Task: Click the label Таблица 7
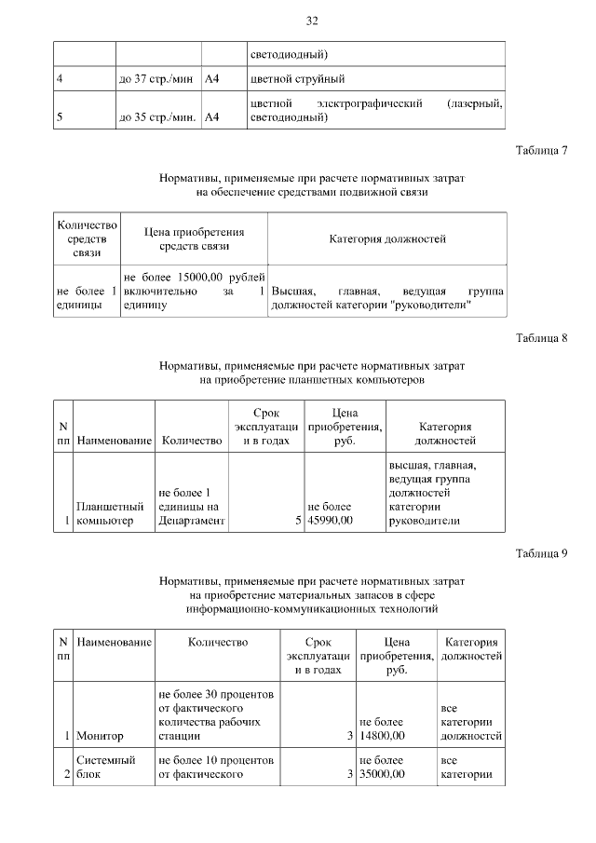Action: tap(540, 150)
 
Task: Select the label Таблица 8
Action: tap(540, 337)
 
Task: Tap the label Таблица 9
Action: tap(540, 554)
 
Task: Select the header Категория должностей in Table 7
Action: tap(386, 239)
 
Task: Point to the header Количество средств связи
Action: tap(88, 239)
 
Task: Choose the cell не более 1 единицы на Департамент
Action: tap(192, 506)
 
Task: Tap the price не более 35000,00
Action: tap(382, 767)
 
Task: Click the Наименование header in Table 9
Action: tap(115, 643)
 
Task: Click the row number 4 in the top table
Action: tap(60, 79)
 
